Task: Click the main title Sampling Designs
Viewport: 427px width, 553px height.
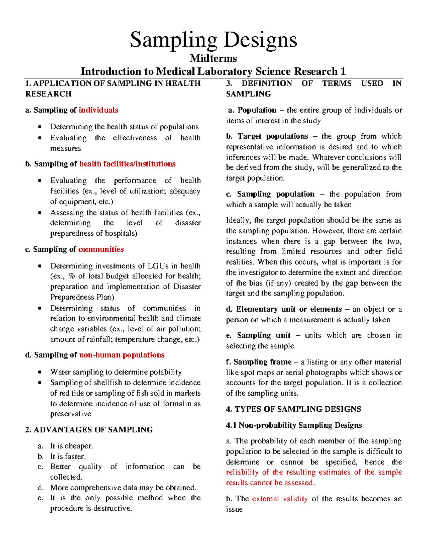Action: pos(213,40)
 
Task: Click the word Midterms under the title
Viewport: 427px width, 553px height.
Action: pos(213,58)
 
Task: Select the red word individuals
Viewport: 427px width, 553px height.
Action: pos(98,110)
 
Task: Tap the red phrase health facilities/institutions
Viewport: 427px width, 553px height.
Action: pos(127,164)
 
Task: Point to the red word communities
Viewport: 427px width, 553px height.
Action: pos(101,249)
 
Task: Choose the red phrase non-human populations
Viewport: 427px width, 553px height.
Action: pos(122,355)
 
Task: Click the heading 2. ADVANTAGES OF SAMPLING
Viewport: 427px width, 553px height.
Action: pos(89,430)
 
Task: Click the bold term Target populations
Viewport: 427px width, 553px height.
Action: pos(273,136)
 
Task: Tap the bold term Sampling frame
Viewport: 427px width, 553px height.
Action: pos(262,362)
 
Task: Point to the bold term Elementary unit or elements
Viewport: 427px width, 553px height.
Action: pos(289,309)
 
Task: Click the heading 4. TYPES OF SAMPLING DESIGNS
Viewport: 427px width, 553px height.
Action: pos(293,409)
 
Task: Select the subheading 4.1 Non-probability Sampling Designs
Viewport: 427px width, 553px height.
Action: pos(294,425)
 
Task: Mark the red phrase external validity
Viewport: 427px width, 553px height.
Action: pos(280,499)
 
